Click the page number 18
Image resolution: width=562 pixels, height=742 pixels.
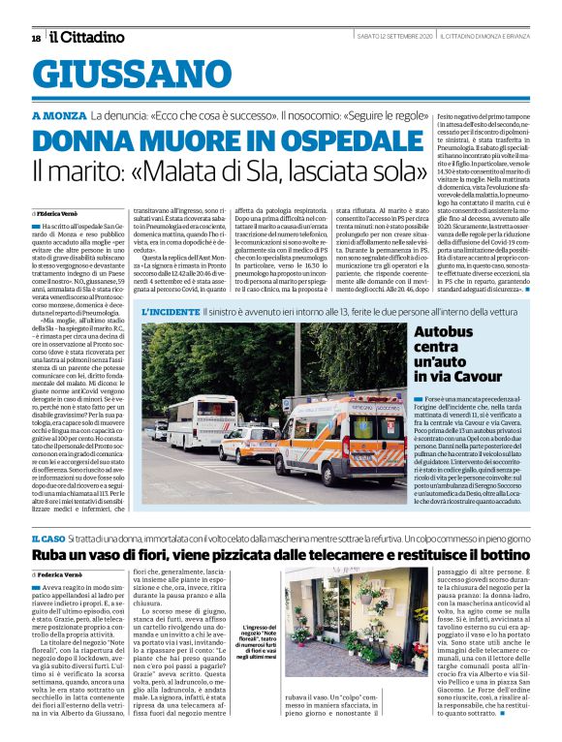[x=36, y=38]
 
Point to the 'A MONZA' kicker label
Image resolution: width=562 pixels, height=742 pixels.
[x=60, y=115]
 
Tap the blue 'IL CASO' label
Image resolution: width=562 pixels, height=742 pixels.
[x=47, y=538]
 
